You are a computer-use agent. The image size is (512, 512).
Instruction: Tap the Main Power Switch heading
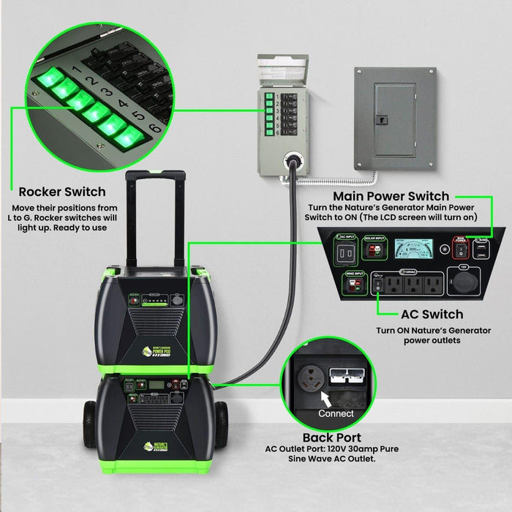[391, 196]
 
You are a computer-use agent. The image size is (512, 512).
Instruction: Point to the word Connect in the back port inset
[336, 413]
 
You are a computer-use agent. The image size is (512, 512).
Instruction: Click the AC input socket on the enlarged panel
[345, 254]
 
